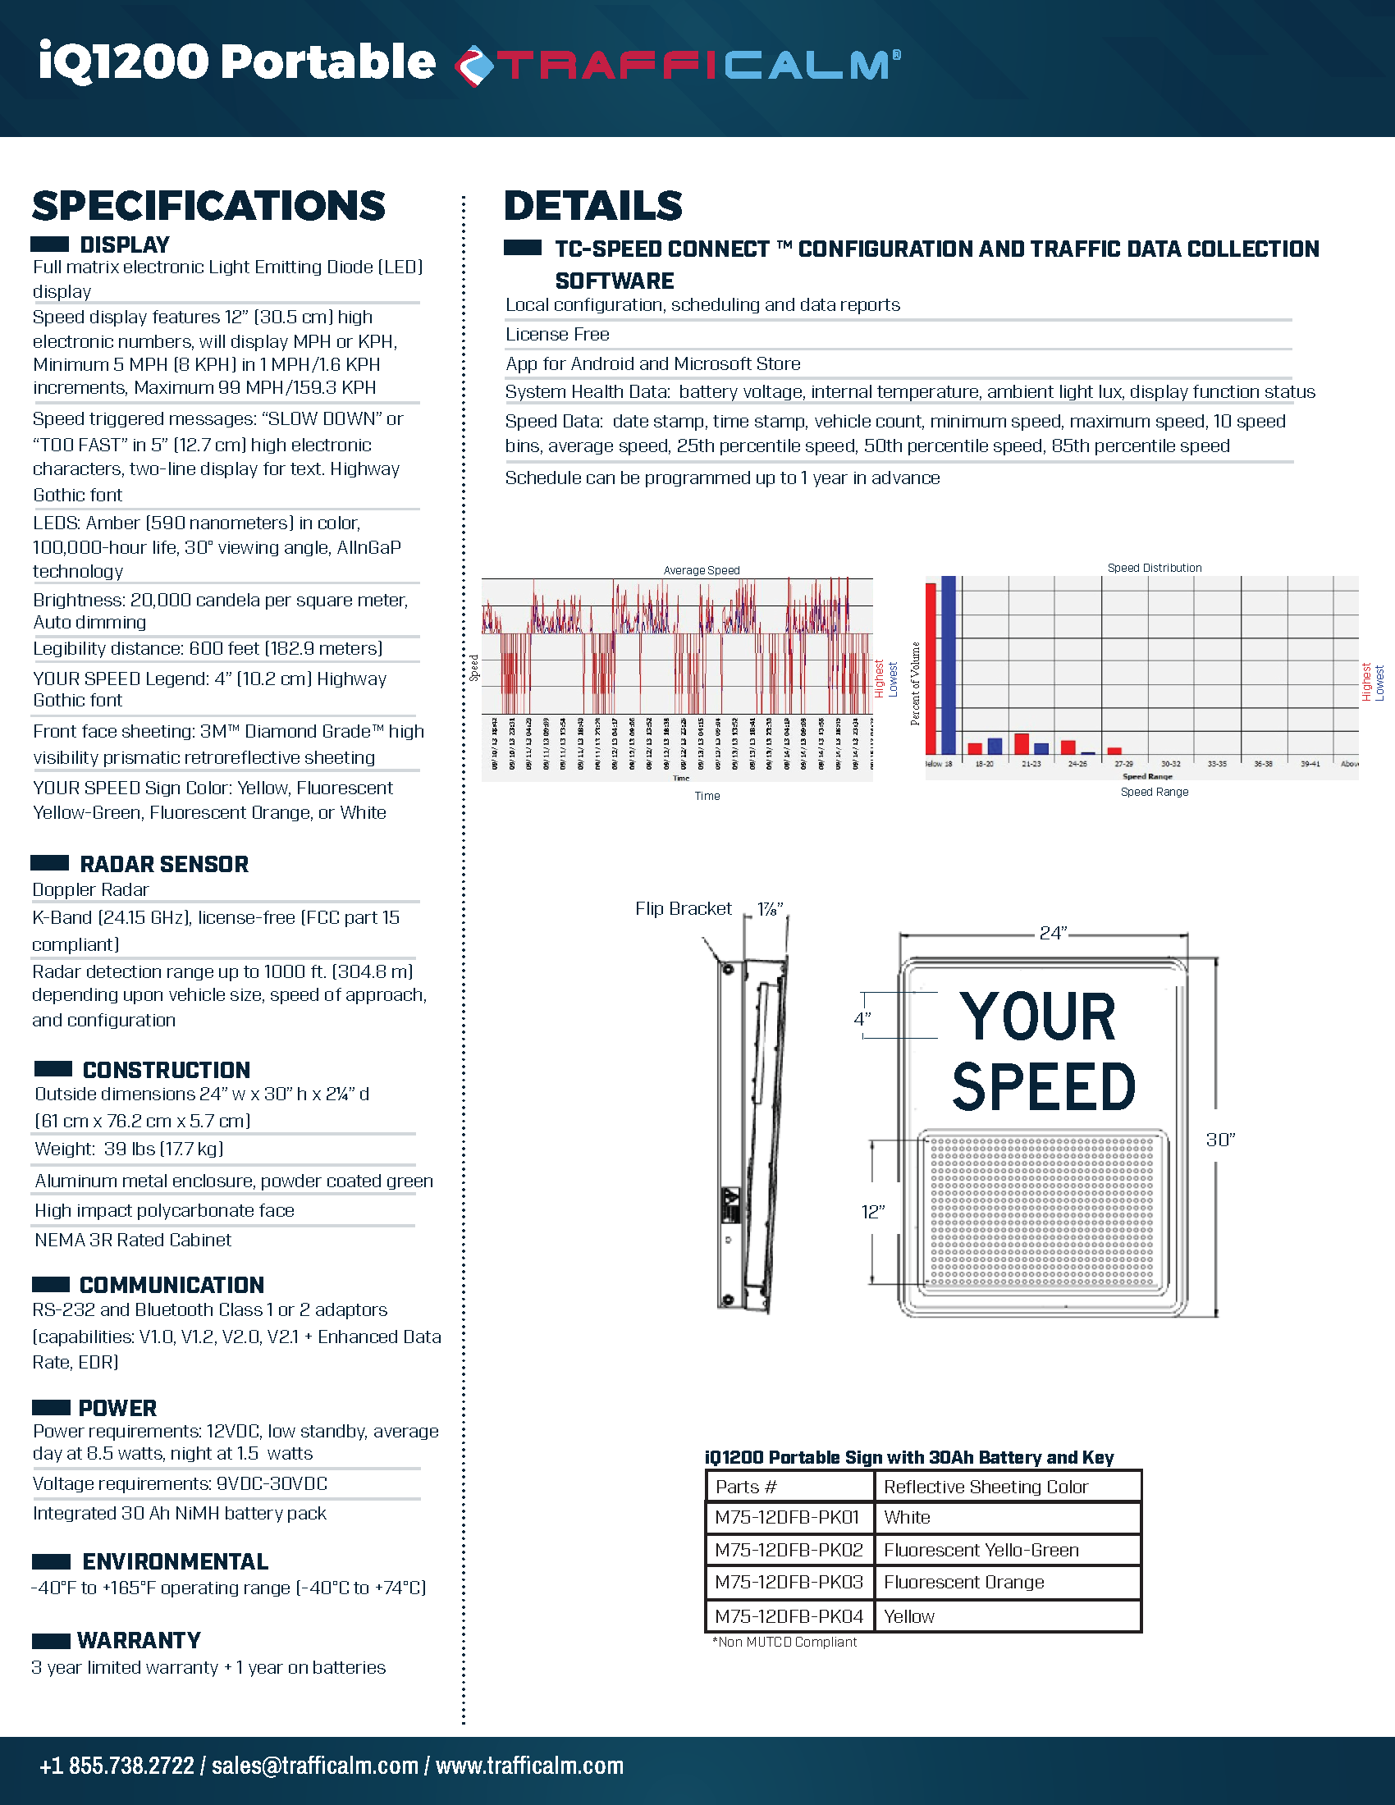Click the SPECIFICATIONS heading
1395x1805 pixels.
coord(209,206)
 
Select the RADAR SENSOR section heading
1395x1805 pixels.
coord(163,865)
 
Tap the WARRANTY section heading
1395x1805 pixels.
coord(139,1640)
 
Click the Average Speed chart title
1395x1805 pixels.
coord(702,570)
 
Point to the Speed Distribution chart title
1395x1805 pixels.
coord(1154,568)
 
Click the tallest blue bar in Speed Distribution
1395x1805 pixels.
coord(948,665)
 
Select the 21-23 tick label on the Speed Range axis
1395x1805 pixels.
coord(1031,764)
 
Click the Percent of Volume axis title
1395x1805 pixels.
coord(915,683)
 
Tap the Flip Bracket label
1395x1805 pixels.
coord(684,909)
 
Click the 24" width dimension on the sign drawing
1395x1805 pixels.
coord(1052,933)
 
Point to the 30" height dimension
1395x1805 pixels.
coord(1219,1140)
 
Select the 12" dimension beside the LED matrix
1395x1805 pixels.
coord(873,1212)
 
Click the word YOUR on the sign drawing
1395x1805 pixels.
coord(1038,1017)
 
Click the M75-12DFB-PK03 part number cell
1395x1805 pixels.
coord(789,1582)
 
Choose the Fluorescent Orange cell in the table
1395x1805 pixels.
coord(963,1582)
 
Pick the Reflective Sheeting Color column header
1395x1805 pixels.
coord(985,1487)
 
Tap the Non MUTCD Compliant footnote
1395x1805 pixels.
coord(784,1643)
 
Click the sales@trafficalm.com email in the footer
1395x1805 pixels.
coord(315,1766)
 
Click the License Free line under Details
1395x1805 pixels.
coord(558,335)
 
